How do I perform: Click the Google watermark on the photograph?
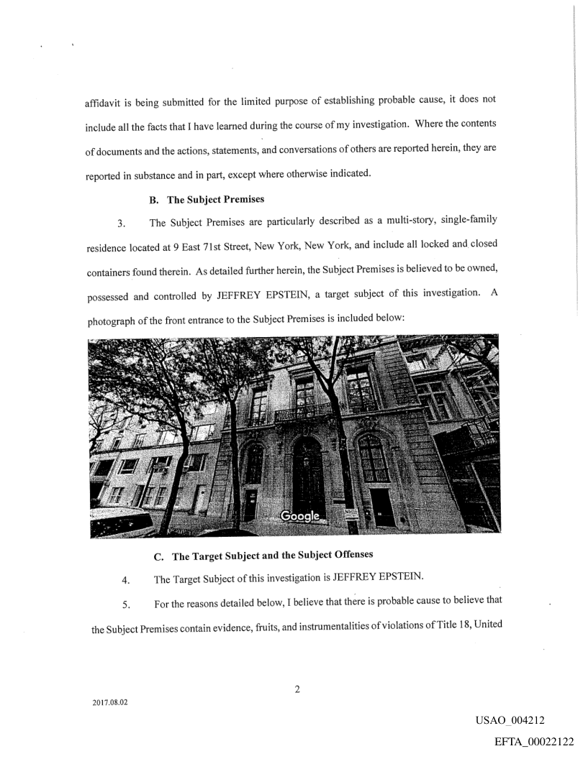(300, 517)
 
